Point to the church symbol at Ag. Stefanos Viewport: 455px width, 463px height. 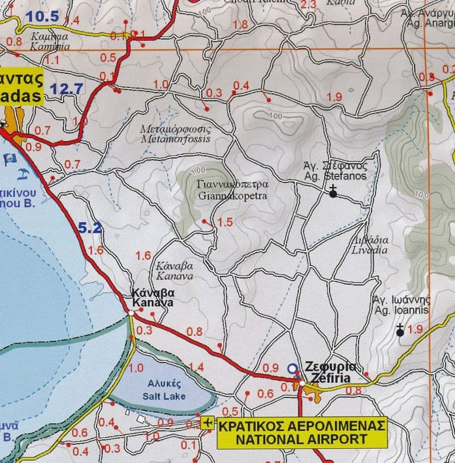click(333, 193)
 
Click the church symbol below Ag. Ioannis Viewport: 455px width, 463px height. click(400, 330)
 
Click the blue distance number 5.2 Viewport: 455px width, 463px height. click(90, 229)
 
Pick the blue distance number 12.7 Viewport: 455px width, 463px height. click(67, 88)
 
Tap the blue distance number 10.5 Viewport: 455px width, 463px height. click(43, 16)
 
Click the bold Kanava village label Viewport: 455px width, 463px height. click(152, 298)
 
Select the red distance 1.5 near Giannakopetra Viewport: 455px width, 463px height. click(225, 222)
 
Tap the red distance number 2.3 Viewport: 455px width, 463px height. click(307, 5)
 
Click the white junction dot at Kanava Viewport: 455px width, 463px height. click(131, 313)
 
